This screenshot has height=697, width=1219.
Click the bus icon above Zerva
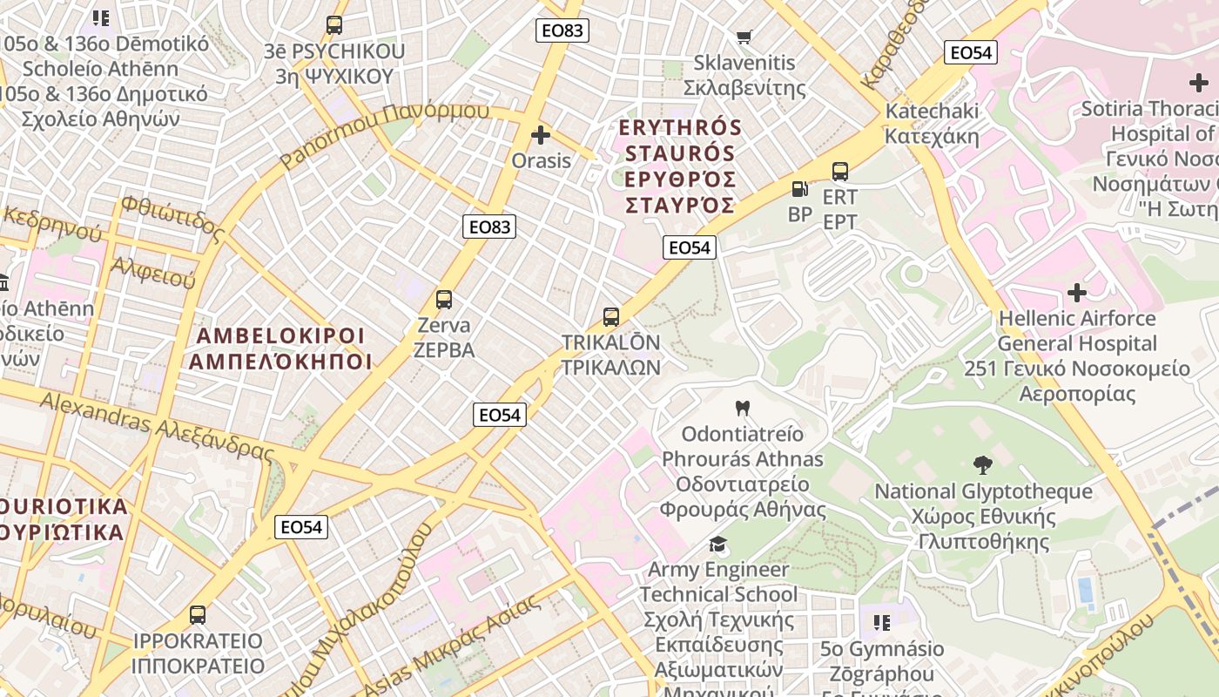pos(444,300)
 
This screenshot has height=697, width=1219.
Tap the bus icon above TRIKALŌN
pos(611,316)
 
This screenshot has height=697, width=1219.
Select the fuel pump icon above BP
pos(799,188)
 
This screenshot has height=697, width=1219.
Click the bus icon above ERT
pos(840,172)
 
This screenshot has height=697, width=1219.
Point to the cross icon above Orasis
pos(541,135)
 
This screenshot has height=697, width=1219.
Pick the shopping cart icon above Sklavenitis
pos(744,37)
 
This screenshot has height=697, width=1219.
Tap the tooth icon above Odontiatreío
pos(743,407)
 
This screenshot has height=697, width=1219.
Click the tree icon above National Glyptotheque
pos(983,465)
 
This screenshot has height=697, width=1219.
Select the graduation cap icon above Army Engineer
pos(717,545)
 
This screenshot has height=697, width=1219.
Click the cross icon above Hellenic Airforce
pos(1077,292)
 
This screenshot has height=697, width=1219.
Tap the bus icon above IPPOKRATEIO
pos(198,614)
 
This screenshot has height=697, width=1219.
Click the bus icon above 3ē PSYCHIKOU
pos(334,25)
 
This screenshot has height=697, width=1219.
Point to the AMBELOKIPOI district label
pos(280,348)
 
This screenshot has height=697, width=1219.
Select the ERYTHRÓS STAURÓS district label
pos(680,166)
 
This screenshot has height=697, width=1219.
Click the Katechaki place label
pos(932,123)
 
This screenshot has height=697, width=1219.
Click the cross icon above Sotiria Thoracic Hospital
pos(1198,84)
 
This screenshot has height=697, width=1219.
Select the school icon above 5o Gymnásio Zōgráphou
pos(881,622)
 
